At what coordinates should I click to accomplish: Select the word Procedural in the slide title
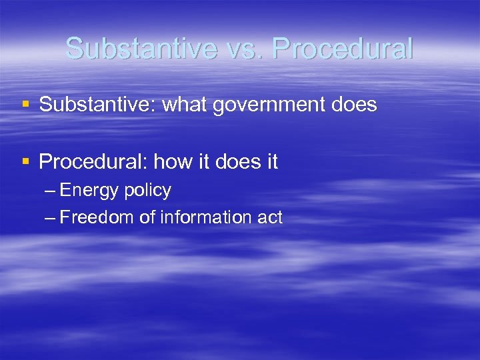click(x=343, y=48)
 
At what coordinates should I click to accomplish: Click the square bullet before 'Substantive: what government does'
click(x=25, y=104)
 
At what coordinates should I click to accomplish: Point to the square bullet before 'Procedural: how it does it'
click(x=25, y=161)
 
